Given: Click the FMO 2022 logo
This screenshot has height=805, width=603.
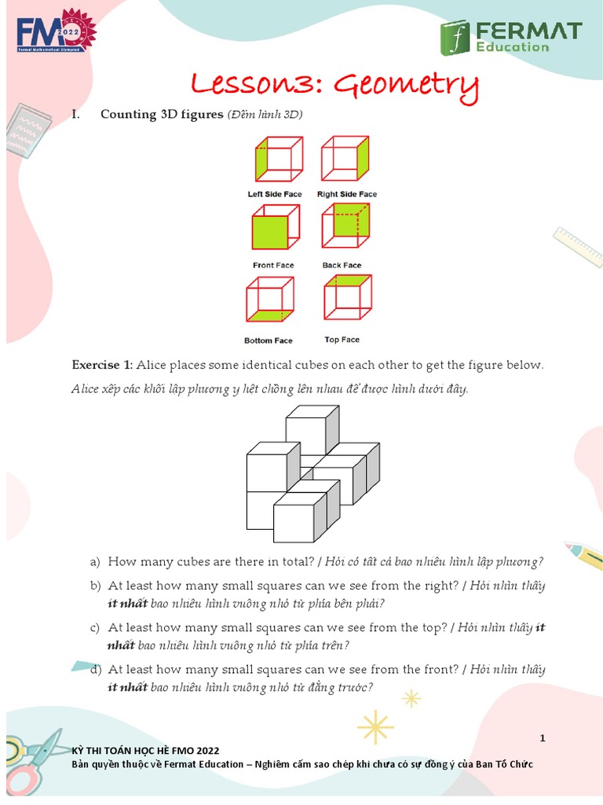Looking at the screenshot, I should [55, 33].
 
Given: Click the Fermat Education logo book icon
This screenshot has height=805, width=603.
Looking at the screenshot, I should [455, 37].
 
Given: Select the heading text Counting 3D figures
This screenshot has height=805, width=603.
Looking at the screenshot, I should [161, 115].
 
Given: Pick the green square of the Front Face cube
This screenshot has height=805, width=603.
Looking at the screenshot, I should [269, 233].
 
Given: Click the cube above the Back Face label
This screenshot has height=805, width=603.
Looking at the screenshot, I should [345, 229].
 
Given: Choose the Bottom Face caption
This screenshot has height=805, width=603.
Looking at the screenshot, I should [268, 340].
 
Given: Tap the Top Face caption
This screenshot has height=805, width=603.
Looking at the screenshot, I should [342, 340].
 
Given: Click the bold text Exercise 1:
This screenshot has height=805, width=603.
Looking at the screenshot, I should [103, 365].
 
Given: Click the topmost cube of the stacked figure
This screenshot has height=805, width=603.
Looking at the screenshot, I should [311, 430].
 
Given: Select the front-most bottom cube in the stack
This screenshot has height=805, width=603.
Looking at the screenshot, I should [299, 521].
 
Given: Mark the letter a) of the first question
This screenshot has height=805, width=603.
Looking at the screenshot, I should [95, 561].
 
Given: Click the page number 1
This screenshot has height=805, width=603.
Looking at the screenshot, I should [542, 738].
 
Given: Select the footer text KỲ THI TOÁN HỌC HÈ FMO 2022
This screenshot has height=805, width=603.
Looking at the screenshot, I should [145, 751].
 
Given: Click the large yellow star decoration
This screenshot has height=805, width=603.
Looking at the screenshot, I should [375, 727].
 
